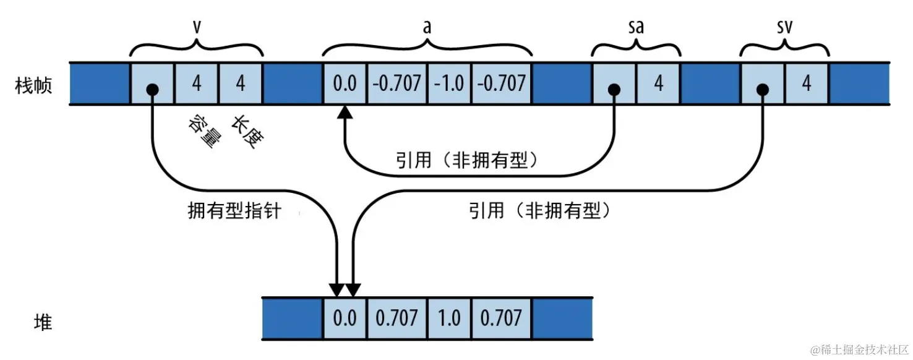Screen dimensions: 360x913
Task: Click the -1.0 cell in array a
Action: [x=449, y=84]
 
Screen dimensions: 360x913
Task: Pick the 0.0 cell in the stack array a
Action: [x=345, y=84]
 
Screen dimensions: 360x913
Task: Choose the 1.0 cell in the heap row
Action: [x=449, y=318]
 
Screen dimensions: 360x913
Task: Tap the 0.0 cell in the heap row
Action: [x=345, y=318]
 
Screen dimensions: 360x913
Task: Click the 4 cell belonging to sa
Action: [x=658, y=84]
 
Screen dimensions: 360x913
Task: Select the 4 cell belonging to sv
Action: [x=807, y=84]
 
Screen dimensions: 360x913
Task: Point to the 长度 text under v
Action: [x=247, y=130]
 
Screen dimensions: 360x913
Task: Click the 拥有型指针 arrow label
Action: [x=234, y=211]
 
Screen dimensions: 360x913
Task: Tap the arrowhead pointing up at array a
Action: [x=345, y=112]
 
